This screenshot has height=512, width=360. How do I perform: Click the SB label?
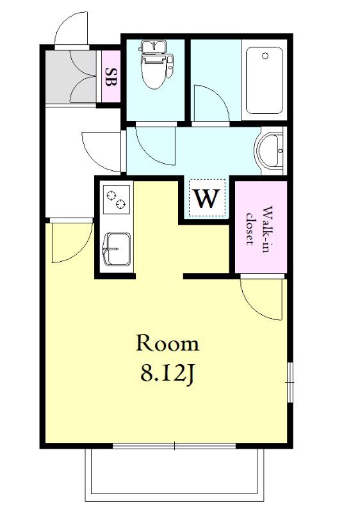111,77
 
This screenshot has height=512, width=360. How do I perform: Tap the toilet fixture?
154,65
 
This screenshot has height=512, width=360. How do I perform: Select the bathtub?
265,81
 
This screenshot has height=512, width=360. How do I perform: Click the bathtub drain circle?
265,56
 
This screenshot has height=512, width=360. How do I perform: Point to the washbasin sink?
269,150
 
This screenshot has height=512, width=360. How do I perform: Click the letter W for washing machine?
207,198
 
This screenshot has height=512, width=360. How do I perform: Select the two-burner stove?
116,199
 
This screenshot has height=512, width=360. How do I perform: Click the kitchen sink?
117,249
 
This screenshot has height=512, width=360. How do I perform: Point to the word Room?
168,343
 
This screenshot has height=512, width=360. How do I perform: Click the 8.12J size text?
168,373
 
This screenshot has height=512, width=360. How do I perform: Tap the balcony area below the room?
174,474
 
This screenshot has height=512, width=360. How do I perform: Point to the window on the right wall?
290,382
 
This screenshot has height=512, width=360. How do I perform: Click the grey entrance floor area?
71,77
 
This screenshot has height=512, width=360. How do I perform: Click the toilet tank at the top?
154,47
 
